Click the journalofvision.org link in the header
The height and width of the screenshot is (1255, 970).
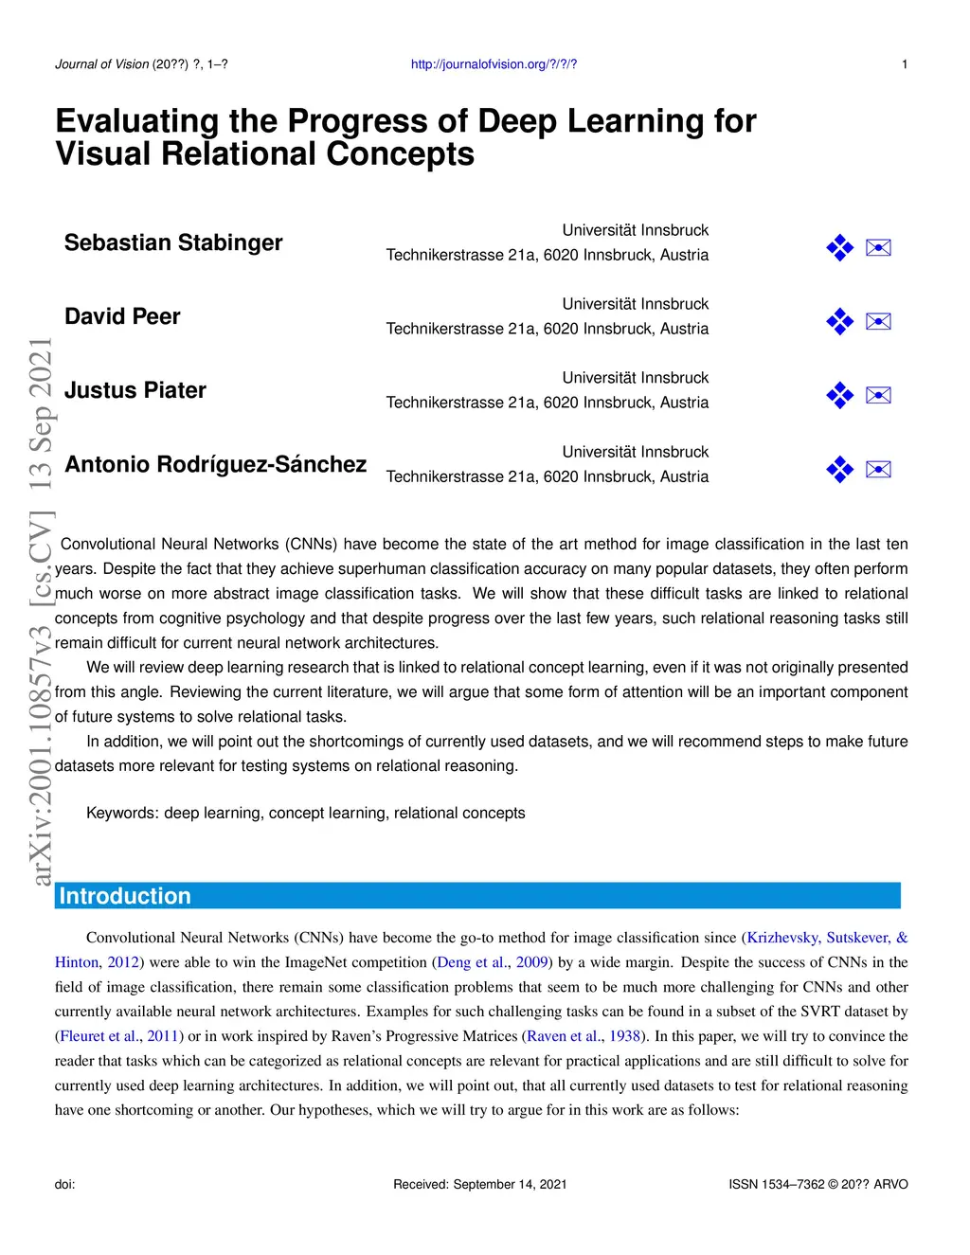[x=494, y=64]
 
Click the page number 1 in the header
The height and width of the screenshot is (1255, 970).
[x=905, y=64]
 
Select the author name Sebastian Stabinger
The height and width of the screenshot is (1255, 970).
[x=173, y=243]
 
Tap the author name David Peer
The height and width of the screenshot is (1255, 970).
[x=122, y=317]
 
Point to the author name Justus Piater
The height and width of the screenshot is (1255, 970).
[x=135, y=391]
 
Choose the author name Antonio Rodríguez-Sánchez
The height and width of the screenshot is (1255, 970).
[x=215, y=465]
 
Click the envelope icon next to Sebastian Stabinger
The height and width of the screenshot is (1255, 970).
[x=878, y=248]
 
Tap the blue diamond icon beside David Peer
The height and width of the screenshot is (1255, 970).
[x=839, y=322]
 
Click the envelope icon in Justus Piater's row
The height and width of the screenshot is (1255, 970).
[x=878, y=396]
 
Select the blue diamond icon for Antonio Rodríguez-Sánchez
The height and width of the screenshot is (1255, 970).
[x=839, y=470]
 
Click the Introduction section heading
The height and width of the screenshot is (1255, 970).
[x=125, y=896]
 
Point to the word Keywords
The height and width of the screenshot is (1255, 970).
[x=121, y=814]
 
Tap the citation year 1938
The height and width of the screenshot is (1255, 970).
[x=625, y=1036]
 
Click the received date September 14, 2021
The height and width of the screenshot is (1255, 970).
[x=510, y=1184]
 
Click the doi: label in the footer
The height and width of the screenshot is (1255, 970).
[x=65, y=1184]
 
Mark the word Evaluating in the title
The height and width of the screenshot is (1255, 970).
[x=137, y=121]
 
